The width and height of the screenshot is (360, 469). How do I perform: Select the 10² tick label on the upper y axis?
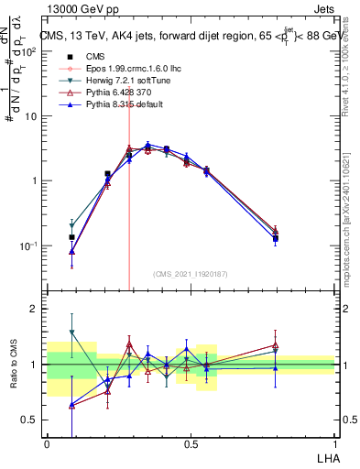[x=30, y=51]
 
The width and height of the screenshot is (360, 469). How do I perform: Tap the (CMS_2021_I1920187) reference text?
[x=191, y=273]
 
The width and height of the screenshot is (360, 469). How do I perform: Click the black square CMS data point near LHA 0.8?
[x=275, y=238]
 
